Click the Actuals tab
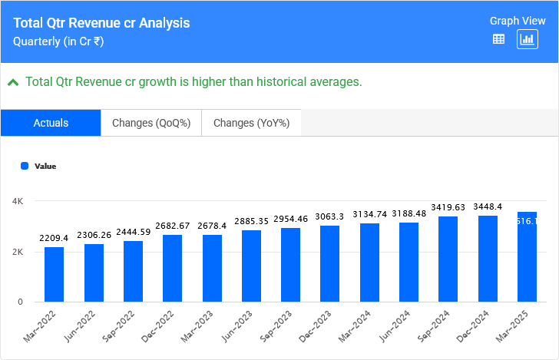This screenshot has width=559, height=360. click(51, 123)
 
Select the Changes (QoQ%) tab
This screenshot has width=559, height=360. click(151, 123)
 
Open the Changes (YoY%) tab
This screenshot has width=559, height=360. click(251, 123)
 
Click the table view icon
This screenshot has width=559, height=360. click(498, 39)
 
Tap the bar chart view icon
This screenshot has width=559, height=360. click(528, 39)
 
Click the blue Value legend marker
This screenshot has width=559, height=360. click(25, 166)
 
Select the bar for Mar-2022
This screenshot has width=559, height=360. click(55, 274)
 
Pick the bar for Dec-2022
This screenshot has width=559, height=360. click(173, 268)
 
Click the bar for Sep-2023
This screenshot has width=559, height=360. click(291, 265)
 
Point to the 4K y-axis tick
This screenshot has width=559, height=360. click(18, 201)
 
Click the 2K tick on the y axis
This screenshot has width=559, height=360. click(18, 252)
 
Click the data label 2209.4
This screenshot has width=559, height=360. click(55, 239)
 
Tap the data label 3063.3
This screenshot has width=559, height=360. click(330, 217)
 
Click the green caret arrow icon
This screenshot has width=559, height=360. click(13, 81)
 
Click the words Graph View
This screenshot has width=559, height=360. click(517, 21)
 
